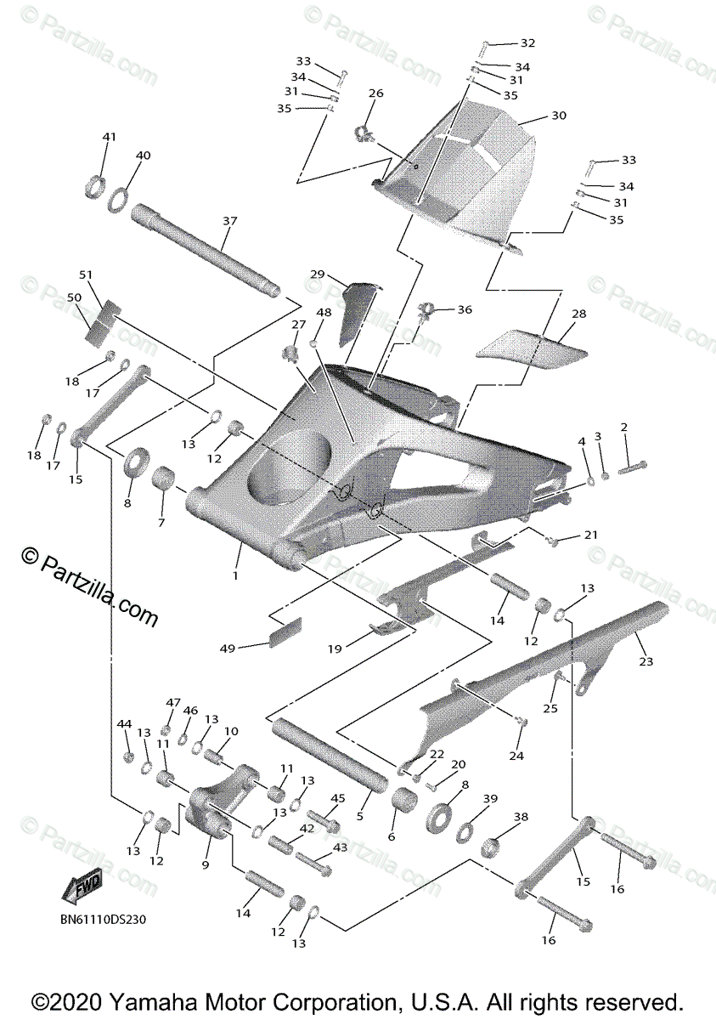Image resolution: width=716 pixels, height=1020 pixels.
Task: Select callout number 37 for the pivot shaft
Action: [x=229, y=221]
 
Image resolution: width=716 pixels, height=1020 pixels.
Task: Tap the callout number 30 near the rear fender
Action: [x=558, y=116]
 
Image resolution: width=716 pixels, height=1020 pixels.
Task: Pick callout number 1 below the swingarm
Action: [x=236, y=575]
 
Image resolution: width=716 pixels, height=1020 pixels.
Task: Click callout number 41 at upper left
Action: [x=108, y=138]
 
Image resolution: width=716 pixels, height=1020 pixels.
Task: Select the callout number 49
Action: [x=227, y=649]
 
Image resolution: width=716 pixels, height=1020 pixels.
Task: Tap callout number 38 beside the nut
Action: [x=521, y=817]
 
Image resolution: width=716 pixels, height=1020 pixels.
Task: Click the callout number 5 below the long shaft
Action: [x=359, y=815]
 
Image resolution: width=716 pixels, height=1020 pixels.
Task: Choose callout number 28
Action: [x=578, y=314]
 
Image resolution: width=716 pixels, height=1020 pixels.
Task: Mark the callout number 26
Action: [x=375, y=93]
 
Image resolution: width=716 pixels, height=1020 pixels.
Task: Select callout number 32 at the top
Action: [x=527, y=42]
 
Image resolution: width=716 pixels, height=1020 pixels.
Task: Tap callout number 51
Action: [x=85, y=275]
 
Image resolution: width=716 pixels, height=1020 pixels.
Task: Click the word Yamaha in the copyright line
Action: [x=199, y=1000]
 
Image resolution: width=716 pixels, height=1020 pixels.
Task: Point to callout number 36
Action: [x=464, y=310]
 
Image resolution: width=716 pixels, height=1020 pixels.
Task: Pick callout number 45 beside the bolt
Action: [x=338, y=798]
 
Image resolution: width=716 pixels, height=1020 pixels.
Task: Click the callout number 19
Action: [x=335, y=649]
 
